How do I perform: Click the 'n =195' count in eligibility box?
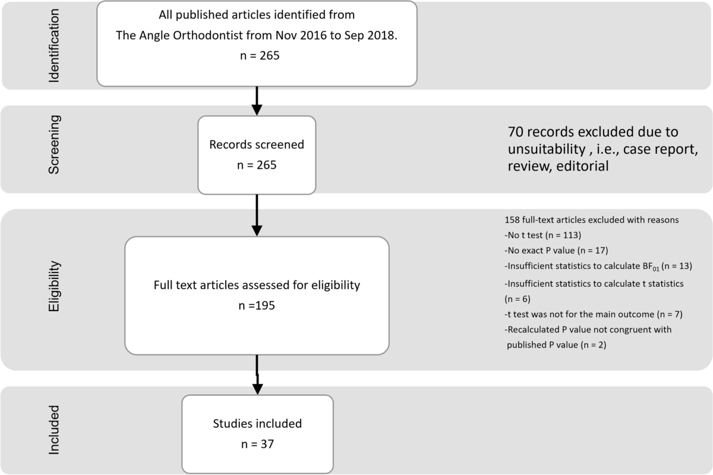[257, 307]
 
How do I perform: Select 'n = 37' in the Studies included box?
[257, 444]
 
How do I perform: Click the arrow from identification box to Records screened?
[257, 101]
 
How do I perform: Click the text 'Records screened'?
[257, 144]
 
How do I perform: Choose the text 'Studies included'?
[257, 424]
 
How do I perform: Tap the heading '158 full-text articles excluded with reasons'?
[591, 219]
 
